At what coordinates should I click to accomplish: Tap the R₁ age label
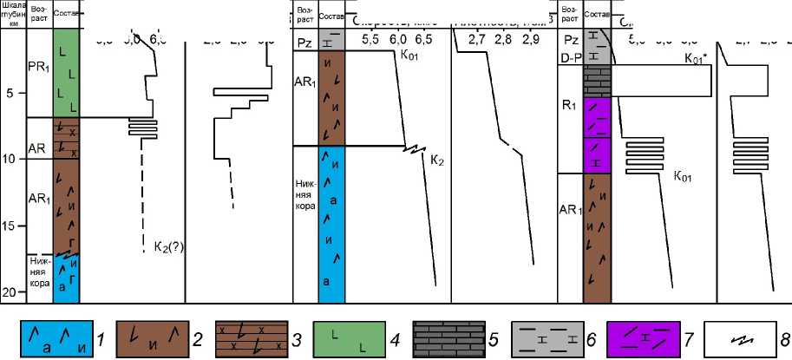pos(570,108)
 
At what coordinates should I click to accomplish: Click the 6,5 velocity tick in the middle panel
pos(424,40)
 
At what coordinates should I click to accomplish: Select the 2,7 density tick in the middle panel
pos(477,40)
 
